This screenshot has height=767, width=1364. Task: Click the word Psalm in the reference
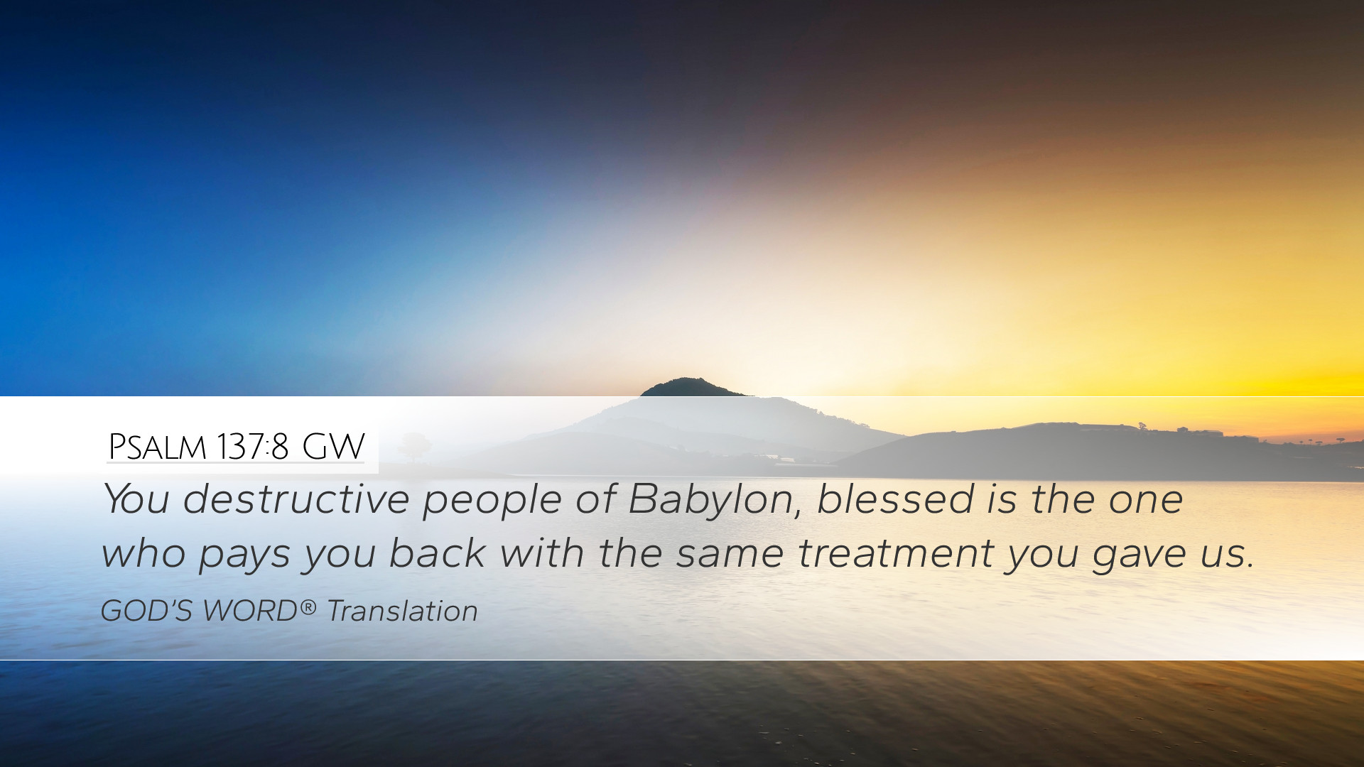coord(157,447)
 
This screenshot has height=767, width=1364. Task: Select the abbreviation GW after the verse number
coord(333,447)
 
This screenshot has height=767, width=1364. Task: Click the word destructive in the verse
coord(296,499)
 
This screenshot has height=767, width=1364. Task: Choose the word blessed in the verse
coord(895,499)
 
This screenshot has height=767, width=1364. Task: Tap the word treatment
coord(895,553)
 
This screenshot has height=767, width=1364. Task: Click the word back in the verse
coord(436,553)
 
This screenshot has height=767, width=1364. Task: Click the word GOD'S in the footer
coord(146,611)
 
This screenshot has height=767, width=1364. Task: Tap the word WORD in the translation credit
coord(250,611)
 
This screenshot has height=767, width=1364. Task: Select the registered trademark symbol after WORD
coord(308,606)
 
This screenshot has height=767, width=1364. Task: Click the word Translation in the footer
coord(402,611)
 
